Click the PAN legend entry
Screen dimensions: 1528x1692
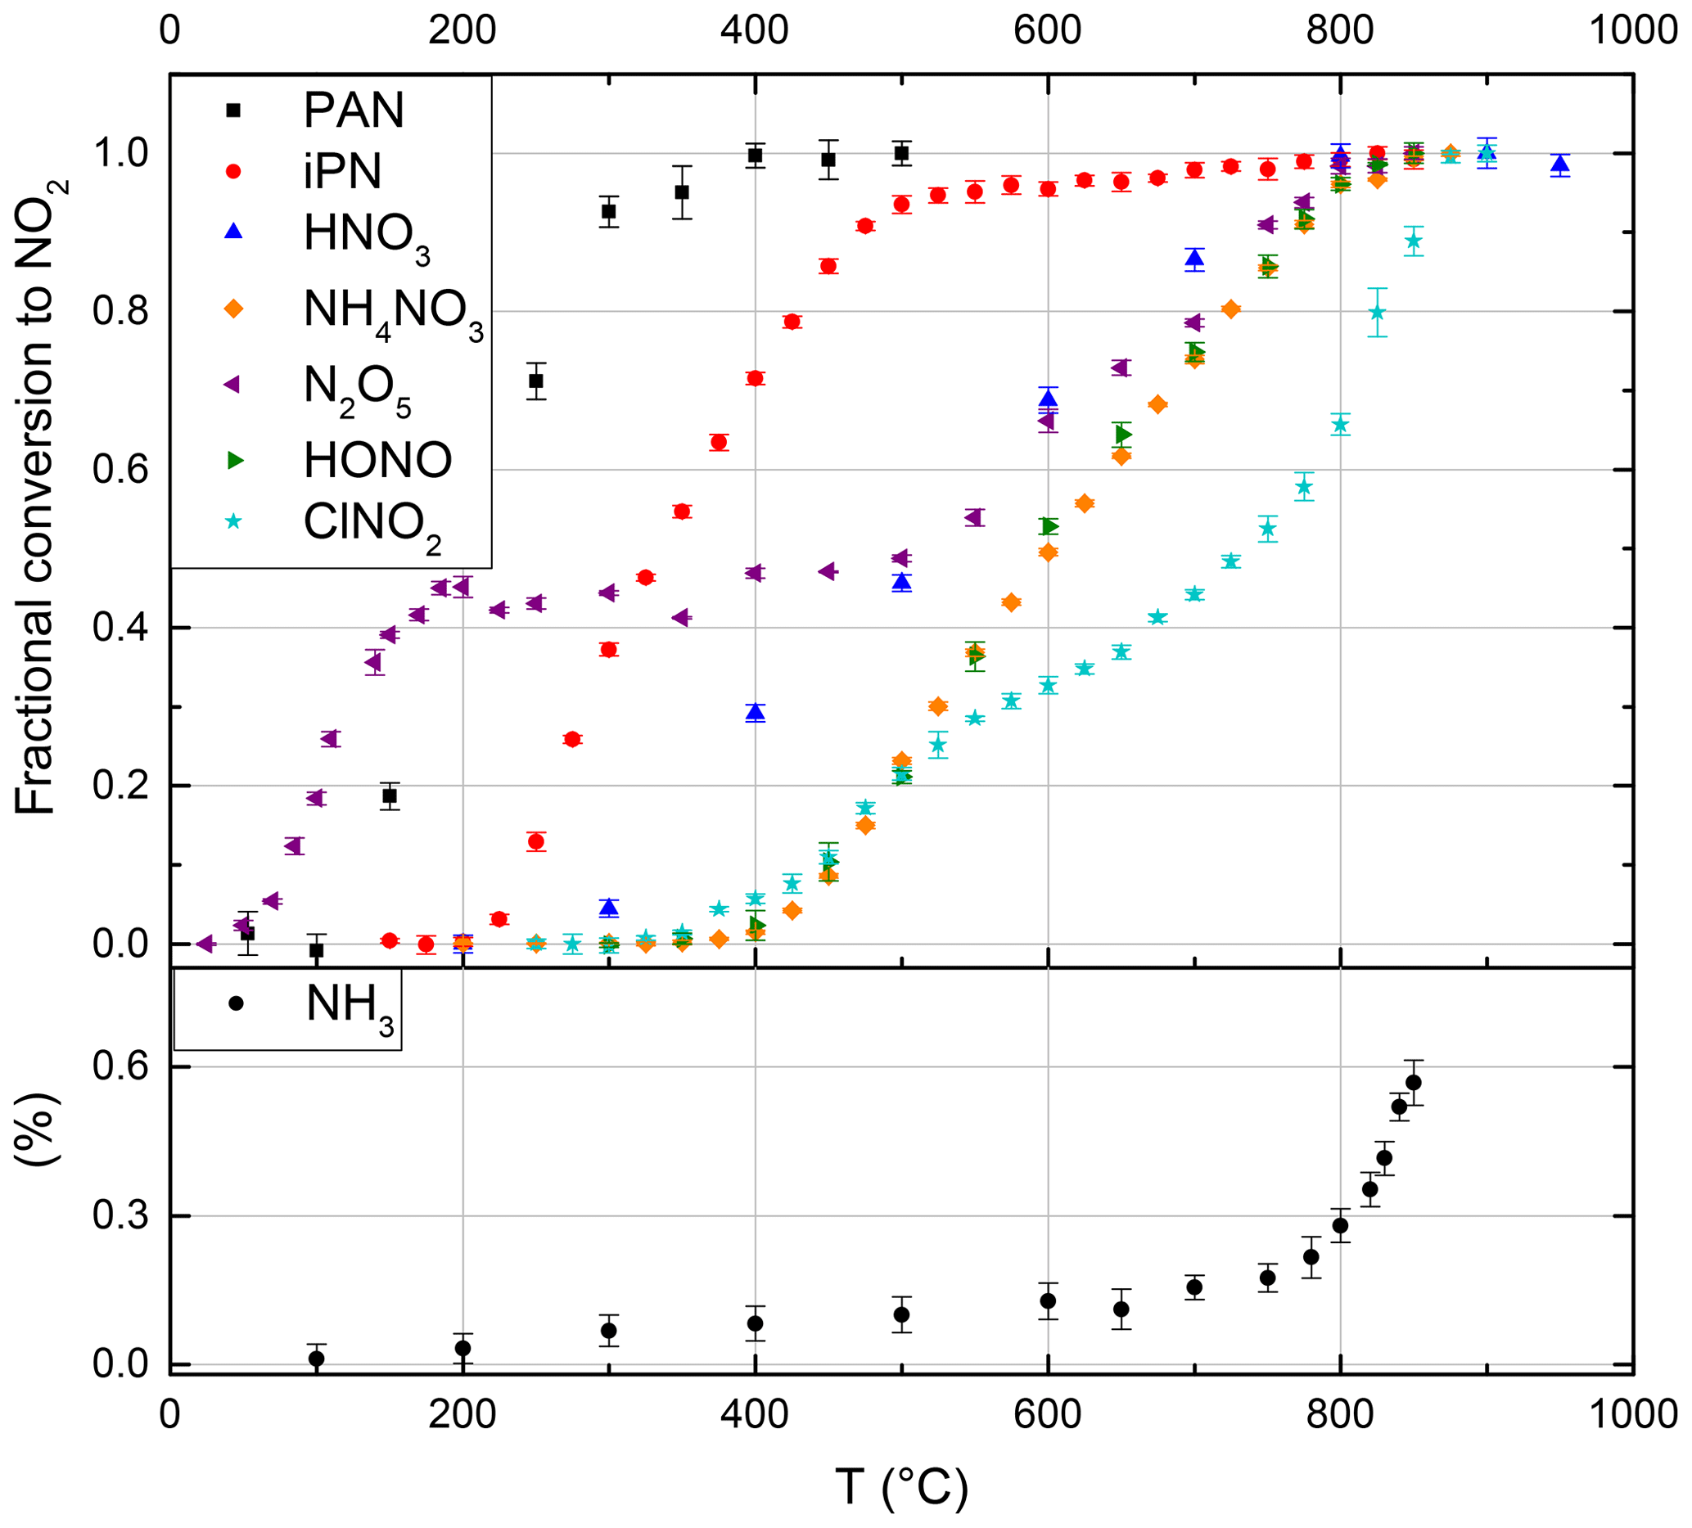[354, 110]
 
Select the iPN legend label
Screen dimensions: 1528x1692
[342, 171]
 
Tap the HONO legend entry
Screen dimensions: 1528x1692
[377, 460]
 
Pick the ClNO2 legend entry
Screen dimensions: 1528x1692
[372, 523]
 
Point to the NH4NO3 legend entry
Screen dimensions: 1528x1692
[393, 310]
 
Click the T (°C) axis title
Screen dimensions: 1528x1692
[901, 1487]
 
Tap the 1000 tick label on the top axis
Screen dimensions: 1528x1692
[1632, 30]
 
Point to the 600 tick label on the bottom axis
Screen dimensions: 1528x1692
[1047, 1415]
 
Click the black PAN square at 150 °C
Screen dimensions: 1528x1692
[390, 796]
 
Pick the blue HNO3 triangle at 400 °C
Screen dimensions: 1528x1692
[756, 712]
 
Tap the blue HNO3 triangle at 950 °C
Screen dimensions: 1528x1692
[1560, 164]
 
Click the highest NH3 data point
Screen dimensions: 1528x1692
[1414, 1083]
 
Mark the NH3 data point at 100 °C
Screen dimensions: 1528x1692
[317, 1359]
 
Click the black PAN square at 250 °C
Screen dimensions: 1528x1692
[535, 381]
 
